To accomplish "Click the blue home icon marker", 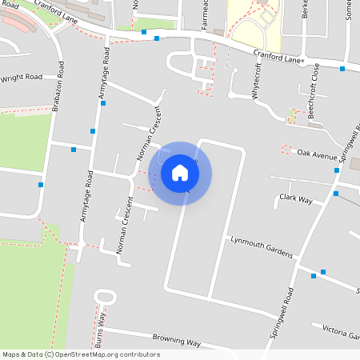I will pyautogui.click(x=180, y=172).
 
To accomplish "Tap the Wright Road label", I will pyautogui.click(x=21, y=78).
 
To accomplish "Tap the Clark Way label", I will pyautogui.click(x=295, y=198).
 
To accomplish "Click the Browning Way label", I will pyautogui.click(x=176, y=342).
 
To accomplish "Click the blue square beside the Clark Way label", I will pyautogui.click(x=336, y=194).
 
